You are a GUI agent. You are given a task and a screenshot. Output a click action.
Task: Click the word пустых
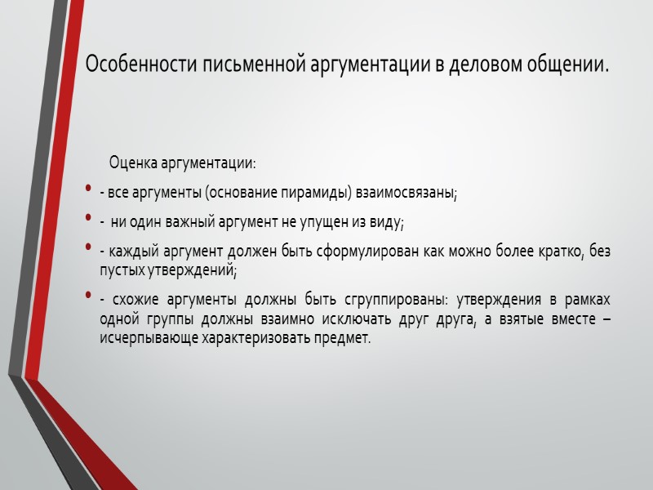coord(118,267)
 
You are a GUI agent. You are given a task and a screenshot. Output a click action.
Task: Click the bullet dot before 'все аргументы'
coord(88,192)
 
